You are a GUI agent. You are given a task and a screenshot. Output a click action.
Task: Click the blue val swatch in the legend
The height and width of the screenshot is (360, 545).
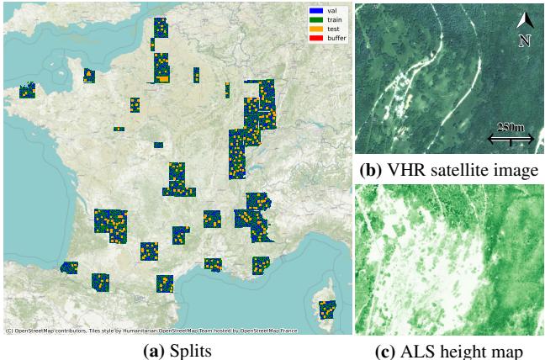(304, 9)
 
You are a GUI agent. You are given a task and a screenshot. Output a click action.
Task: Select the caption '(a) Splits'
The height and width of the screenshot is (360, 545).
(175, 349)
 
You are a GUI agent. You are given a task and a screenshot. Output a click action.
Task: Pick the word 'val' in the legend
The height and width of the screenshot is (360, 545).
(320, 9)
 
